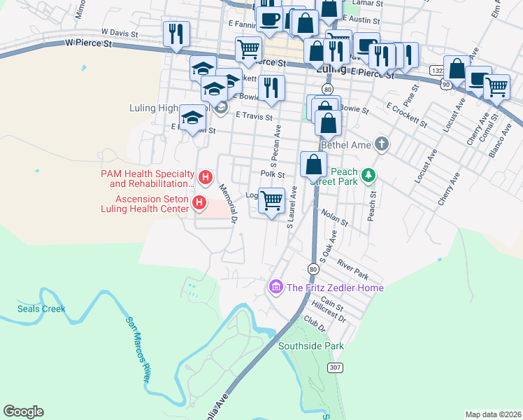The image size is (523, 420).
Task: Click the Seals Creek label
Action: [x=41, y=309]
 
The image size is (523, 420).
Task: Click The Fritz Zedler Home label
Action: [x=334, y=288]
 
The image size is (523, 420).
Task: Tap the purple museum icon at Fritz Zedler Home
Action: [x=275, y=288]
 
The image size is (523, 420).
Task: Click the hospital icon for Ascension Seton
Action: [x=199, y=203]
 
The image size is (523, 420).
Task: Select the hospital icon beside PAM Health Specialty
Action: [x=205, y=178]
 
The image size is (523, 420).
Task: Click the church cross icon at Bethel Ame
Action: [x=381, y=144]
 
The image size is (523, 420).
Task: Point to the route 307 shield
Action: [x=335, y=367]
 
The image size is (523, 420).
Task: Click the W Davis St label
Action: [x=120, y=32]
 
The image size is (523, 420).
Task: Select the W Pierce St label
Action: [x=89, y=43]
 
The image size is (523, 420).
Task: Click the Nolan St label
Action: [x=334, y=217]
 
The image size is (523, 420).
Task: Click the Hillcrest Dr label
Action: [x=329, y=311]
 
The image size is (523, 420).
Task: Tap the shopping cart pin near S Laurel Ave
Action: [x=271, y=200]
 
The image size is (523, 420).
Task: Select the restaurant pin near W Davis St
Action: [x=175, y=34]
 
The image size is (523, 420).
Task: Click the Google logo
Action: [x=23, y=412]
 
